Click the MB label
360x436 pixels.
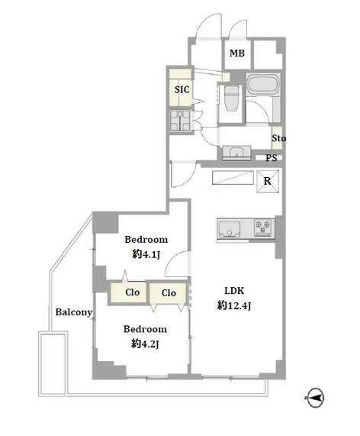click(237, 53)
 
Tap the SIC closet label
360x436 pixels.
click(182, 89)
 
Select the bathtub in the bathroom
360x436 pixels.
click(262, 84)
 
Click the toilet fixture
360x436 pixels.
click(232, 99)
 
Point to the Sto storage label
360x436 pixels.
click(278, 138)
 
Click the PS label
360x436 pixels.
click(271, 158)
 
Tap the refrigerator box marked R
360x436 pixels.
click(268, 181)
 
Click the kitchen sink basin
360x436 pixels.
click(230, 229)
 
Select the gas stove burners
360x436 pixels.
click(263, 228)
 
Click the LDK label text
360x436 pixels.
click(234, 291)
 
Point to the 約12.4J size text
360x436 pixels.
click(234, 305)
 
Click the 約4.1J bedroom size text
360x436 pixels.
click(146, 254)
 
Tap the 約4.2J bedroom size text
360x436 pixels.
click(145, 344)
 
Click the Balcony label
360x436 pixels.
click(74, 312)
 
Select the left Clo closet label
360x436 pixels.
click(132, 292)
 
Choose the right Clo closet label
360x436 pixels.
click(169, 292)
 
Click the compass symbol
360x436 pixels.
click(315, 398)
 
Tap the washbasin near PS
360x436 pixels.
click(236, 153)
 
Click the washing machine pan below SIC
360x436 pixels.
click(180, 121)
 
